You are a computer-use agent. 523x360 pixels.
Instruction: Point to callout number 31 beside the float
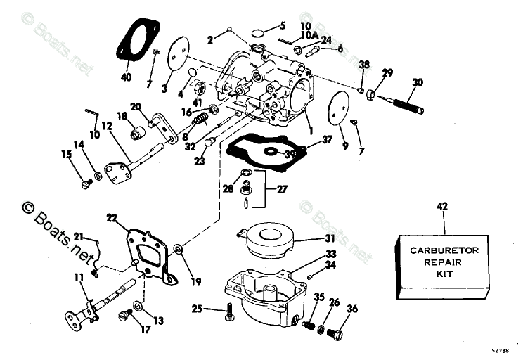[310, 238]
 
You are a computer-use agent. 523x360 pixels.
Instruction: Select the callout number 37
[327, 140]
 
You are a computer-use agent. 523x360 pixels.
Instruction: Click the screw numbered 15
[86, 184]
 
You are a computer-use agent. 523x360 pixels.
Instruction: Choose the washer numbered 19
[178, 250]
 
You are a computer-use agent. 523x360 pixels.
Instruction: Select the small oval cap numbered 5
[257, 32]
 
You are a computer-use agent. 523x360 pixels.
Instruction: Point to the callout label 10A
[309, 34]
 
